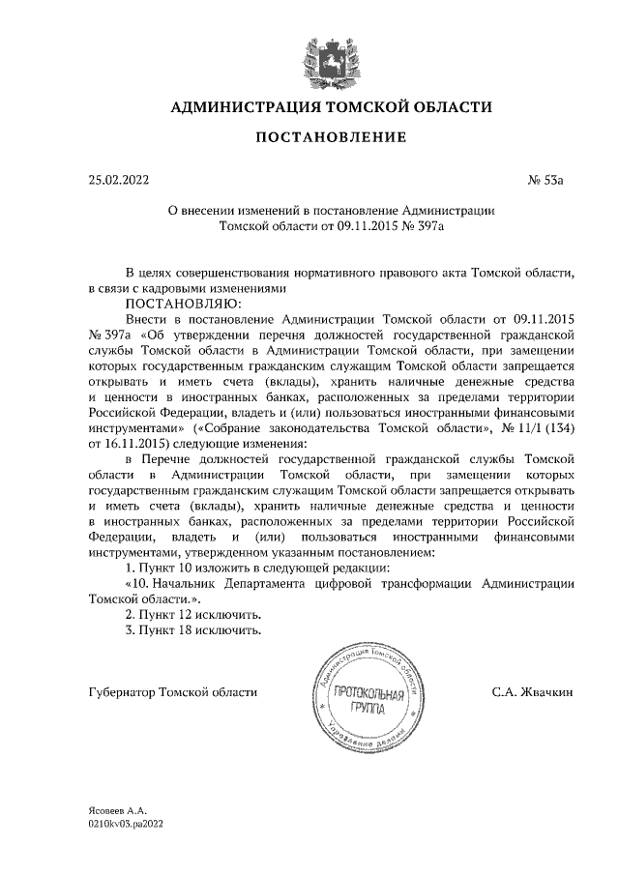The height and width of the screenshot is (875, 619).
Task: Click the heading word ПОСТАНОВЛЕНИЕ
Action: (331, 138)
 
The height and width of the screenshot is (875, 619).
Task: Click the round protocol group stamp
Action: (366, 703)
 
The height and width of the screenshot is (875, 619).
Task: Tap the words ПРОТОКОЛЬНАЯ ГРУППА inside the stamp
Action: (367, 703)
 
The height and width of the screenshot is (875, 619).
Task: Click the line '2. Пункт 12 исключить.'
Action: (194, 616)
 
